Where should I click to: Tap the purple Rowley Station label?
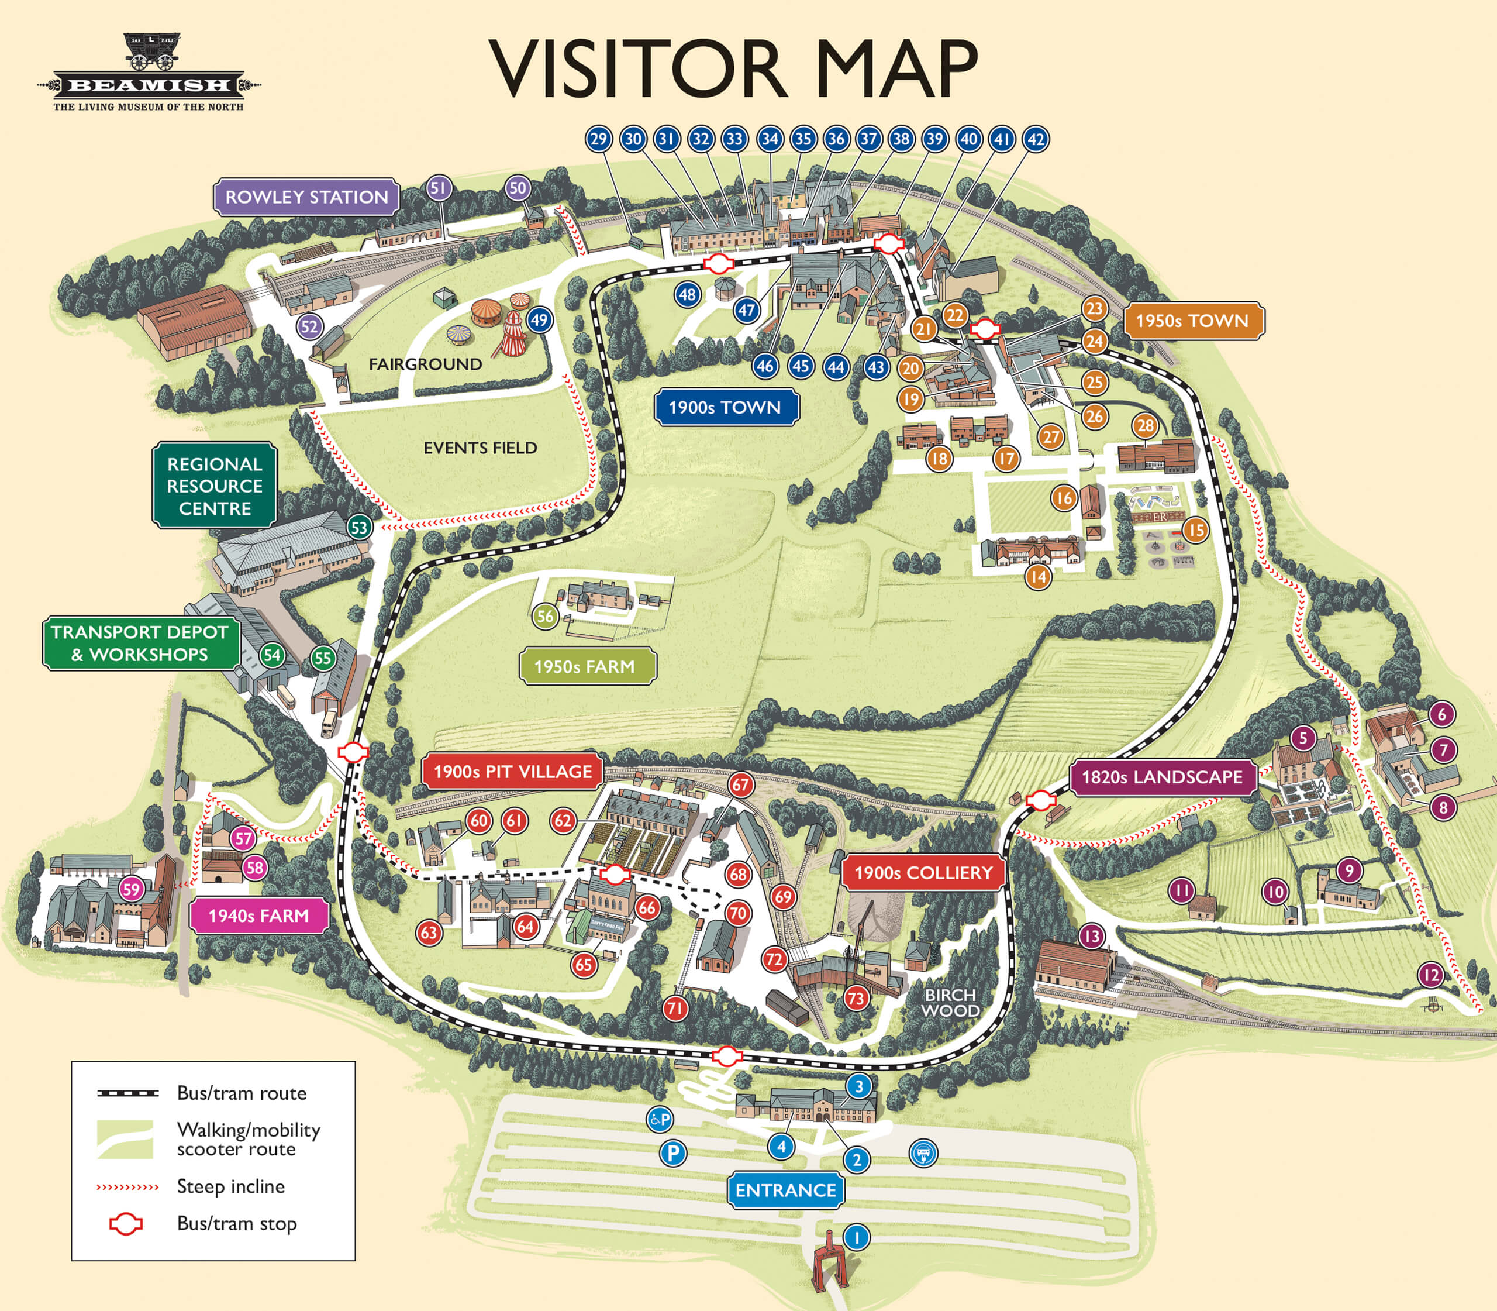[x=306, y=197]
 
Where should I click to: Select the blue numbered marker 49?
[x=539, y=319]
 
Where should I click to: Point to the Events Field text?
[x=480, y=448]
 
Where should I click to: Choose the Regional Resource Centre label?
[x=214, y=486]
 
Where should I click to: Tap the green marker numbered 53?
[x=359, y=527]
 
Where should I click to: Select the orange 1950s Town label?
[x=1192, y=321]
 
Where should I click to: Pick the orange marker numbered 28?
[x=1145, y=426]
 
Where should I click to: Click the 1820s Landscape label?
[x=1162, y=777]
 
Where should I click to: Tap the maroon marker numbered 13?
[x=1092, y=935]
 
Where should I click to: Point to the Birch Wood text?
[x=950, y=1002]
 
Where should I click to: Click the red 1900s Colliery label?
[x=923, y=872]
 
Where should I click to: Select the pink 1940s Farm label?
[x=258, y=915]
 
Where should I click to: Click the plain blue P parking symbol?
[x=673, y=1154]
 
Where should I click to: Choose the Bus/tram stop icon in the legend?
[x=126, y=1223]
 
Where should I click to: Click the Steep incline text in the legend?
[x=230, y=1186]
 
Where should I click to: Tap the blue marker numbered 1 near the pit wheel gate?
[x=856, y=1237]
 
